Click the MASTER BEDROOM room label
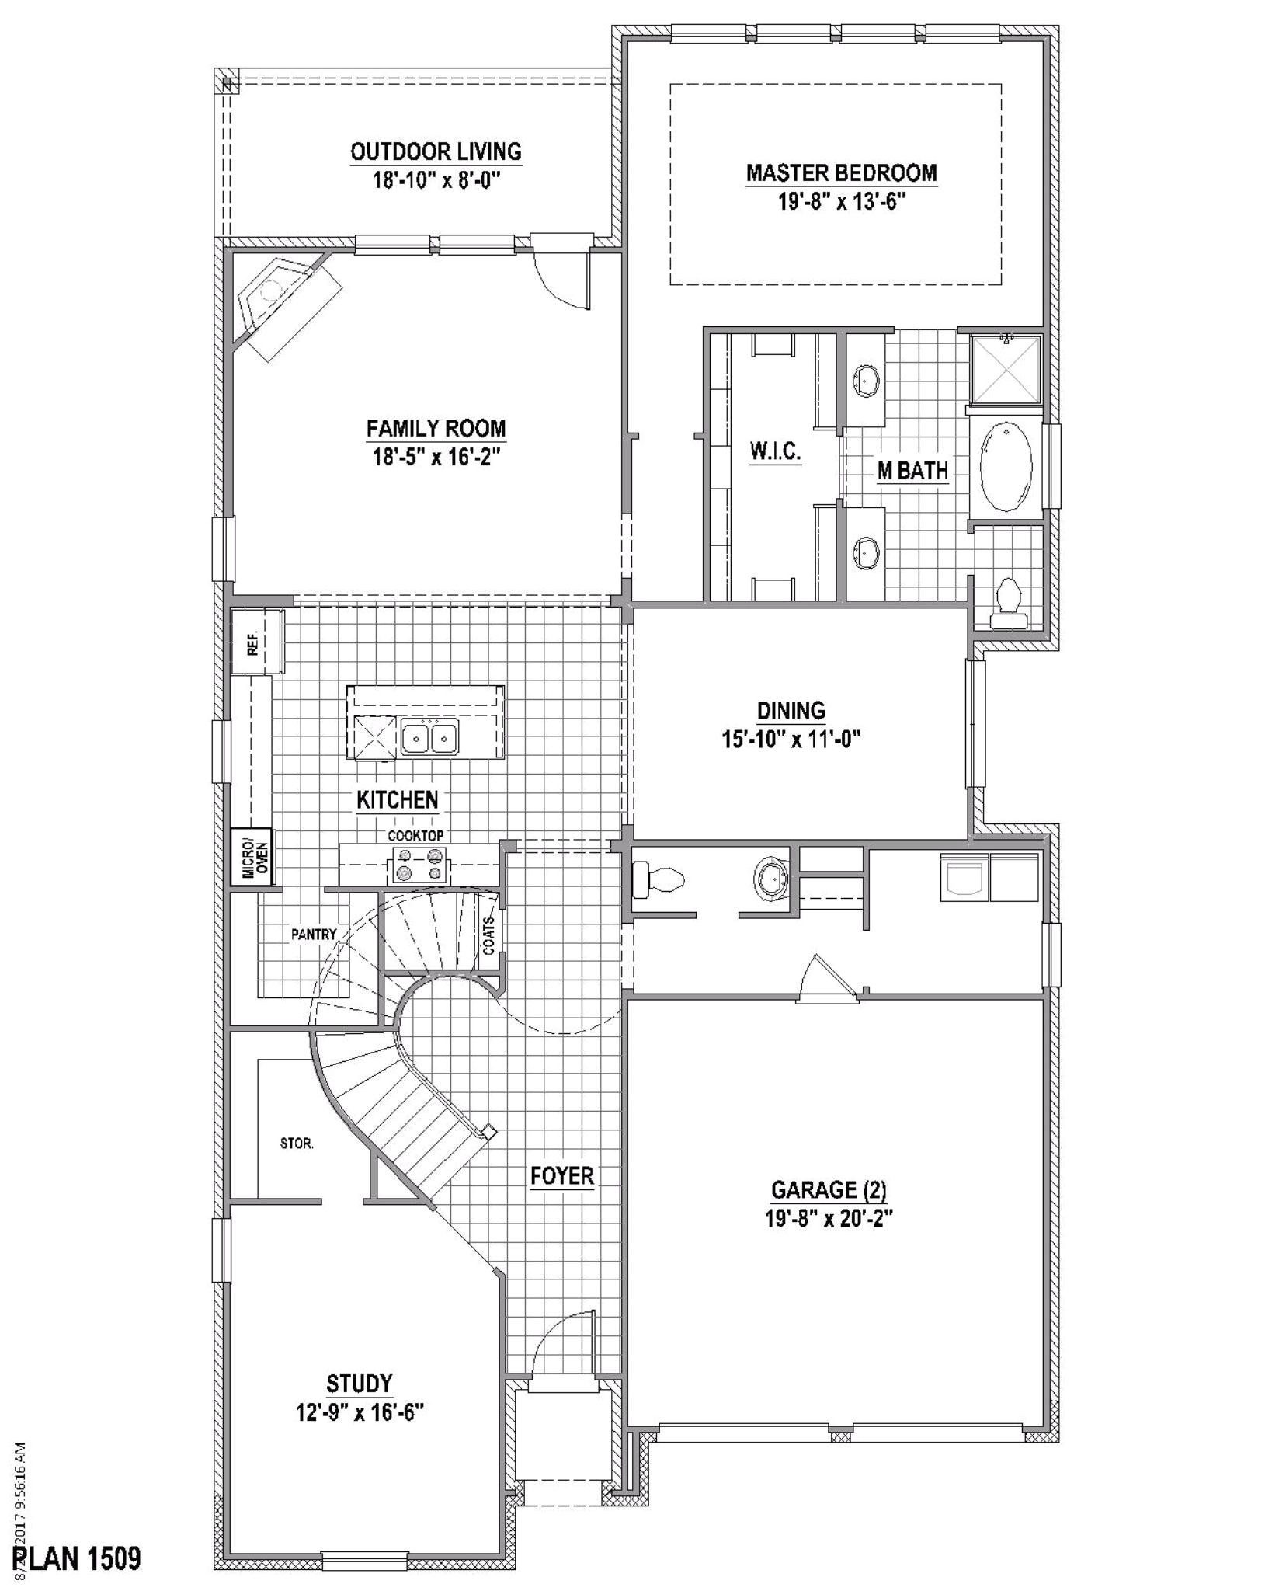(x=841, y=172)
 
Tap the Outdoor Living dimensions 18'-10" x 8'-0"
(x=436, y=180)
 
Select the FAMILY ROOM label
(x=436, y=428)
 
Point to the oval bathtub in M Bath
(x=1006, y=466)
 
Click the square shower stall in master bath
(x=1006, y=370)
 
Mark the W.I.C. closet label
(x=775, y=451)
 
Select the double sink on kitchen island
(x=429, y=736)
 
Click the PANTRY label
(x=314, y=934)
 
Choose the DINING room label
(x=791, y=710)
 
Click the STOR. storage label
(x=297, y=1144)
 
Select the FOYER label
(x=562, y=1175)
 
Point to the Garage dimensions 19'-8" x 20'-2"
(x=829, y=1219)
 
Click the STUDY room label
(x=359, y=1383)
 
